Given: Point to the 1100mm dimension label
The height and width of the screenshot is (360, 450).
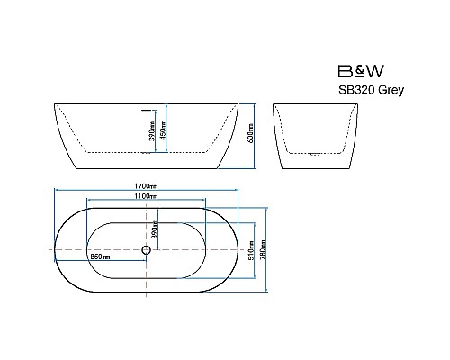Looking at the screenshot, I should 146,195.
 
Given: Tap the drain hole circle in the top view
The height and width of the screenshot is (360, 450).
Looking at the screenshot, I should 146,249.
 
